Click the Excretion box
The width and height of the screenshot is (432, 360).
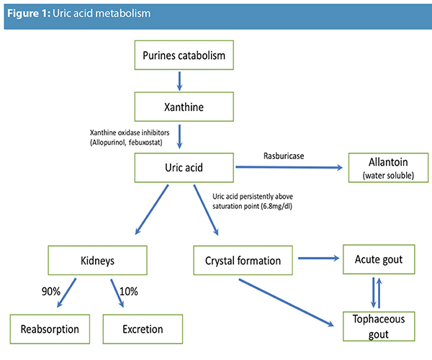coord(142,329)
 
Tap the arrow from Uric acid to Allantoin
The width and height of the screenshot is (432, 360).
coord(287,168)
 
